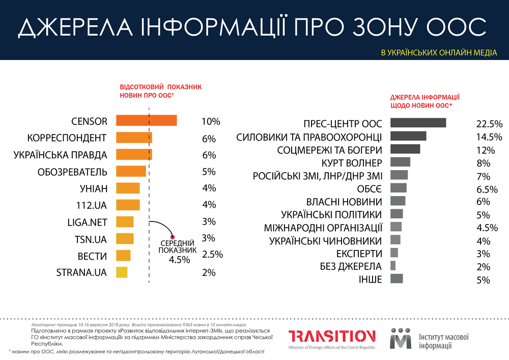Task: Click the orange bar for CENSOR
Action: [x=147, y=120]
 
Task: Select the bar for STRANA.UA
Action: [x=122, y=272]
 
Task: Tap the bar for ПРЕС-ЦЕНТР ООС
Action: [x=418, y=123]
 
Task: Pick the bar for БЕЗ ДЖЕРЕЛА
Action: [x=393, y=265]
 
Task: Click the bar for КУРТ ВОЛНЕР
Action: [x=400, y=162]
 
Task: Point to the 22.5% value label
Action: [x=489, y=124]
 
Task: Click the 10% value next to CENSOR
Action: [x=211, y=122]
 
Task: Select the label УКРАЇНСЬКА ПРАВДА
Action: [x=60, y=154]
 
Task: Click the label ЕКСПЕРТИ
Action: [x=359, y=253]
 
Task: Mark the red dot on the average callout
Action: [x=173, y=237]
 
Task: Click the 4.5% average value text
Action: [x=179, y=259]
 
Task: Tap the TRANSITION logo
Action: [x=332, y=338]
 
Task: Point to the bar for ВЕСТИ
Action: [x=123, y=256]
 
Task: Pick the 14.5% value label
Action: [x=489, y=137]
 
